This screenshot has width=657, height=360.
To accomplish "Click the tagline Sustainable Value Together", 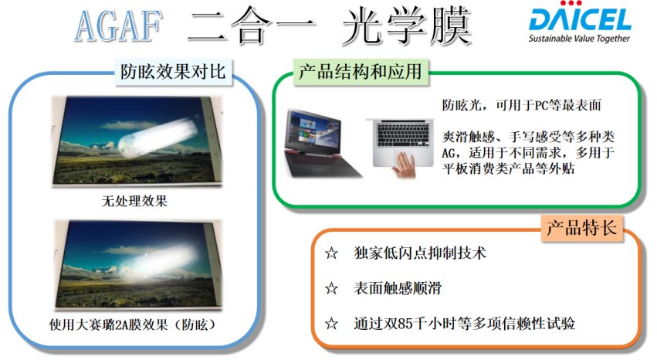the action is point(579,39).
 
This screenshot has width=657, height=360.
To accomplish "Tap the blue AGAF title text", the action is point(119,26).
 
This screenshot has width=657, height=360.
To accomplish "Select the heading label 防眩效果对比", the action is point(173,72).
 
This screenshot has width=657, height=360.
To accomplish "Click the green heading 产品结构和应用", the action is point(361,71).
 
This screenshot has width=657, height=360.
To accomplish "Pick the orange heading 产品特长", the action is point(582,229).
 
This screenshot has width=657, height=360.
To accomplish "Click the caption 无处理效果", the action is point(134,201).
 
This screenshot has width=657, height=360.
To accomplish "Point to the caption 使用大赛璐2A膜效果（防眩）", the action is point(133,324).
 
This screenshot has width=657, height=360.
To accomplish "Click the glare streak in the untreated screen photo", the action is point(158,137).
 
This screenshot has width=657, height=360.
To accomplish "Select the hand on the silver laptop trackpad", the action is point(404,165).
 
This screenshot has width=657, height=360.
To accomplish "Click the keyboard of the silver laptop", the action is point(403,134).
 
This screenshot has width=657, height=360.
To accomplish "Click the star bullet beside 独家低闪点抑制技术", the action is point(331,253).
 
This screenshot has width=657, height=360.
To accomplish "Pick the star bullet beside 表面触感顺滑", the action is point(331,288).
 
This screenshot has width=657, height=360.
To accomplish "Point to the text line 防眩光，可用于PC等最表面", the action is point(522,105).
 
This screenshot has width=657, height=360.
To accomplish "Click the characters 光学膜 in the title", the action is point(405,26).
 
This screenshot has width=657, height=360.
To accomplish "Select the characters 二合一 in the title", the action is point(251,26).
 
